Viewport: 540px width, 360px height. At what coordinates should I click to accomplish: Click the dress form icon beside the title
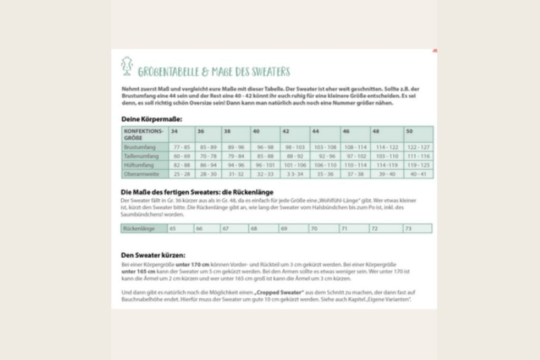[x=127, y=66]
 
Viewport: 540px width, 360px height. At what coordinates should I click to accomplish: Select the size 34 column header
[x=175, y=131]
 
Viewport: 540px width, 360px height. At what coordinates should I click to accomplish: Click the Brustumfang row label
[x=139, y=147]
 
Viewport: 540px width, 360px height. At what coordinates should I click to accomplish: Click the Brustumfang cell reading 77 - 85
[x=182, y=147]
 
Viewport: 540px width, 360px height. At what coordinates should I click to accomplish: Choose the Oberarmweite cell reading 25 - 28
[x=182, y=173]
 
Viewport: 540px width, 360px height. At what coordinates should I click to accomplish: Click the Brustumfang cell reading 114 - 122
[x=387, y=147]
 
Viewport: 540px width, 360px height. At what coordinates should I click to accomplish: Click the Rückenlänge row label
[x=138, y=229]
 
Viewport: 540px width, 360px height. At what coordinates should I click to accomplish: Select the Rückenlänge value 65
[x=172, y=229]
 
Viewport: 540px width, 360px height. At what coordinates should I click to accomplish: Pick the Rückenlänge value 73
[x=408, y=229]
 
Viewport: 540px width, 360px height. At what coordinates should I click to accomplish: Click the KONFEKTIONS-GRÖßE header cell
[x=143, y=133]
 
